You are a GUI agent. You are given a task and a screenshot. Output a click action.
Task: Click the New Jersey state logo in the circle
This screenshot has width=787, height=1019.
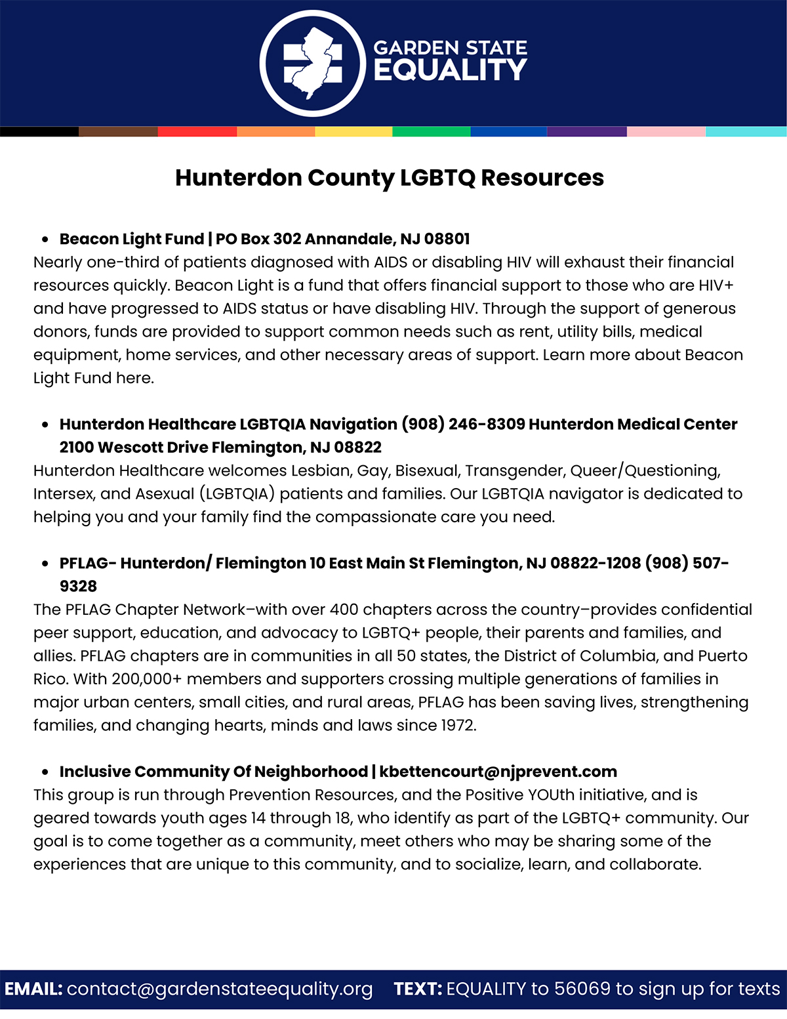pyautogui.click(x=312, y=64)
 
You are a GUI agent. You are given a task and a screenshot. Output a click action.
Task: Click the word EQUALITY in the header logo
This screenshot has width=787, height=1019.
pyautogui.click(x=450, y=70)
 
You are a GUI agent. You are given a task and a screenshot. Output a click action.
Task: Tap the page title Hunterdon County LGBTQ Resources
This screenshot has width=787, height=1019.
pyautogui.click(x=390, y=178)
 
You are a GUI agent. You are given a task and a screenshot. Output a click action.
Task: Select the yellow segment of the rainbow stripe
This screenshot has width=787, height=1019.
pyautogui.click(x=353, y=132)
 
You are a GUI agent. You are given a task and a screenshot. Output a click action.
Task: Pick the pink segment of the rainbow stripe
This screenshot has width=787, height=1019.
pyautogui.click(x=666, y=132)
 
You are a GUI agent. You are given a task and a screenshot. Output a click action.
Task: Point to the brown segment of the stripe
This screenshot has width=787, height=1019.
pyautogui.click(x=118, y=132)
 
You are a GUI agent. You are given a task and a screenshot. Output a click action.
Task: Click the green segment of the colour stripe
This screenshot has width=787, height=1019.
pyautogui.click(x=432, y=132)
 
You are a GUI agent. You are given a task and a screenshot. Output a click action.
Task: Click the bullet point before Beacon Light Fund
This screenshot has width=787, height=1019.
pyautogui.click(x=45, y=239)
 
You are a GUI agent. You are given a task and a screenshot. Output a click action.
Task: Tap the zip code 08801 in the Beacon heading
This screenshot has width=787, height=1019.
pyautogui.click(x=447, y=239)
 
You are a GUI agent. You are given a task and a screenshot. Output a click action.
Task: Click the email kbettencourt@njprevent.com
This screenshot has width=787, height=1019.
pyautogui.click(x=498, y=772)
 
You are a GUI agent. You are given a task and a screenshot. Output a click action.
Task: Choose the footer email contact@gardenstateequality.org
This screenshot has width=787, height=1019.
pyautogui.click(x=220, y=989)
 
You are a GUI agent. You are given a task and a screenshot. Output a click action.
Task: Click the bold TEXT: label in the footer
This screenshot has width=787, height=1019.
pyautogui.click(x=418, y=989)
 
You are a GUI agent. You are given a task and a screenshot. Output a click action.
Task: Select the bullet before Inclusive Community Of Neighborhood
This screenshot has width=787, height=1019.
pyautogui.click(x=45, y=772)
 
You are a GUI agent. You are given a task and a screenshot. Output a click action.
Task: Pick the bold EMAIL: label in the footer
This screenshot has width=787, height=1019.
pyautogui.click(x=33, y=989)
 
